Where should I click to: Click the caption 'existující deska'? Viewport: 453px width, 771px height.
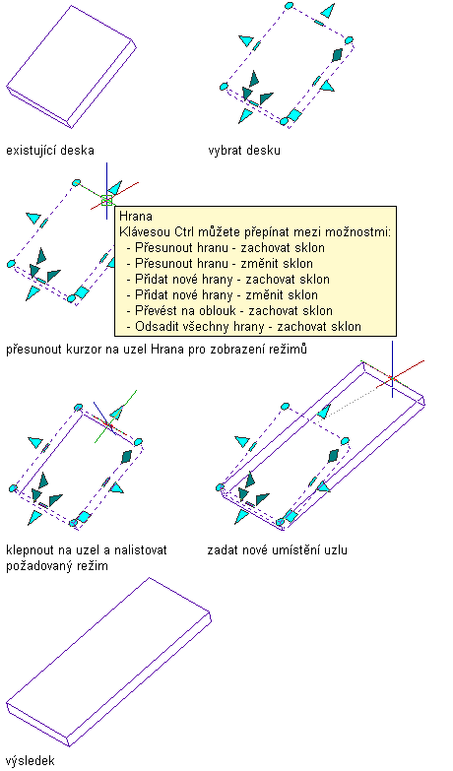pos(49,150)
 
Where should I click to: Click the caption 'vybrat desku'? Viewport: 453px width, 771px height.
pos(244,150)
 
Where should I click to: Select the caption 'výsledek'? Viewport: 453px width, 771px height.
pos(30,761)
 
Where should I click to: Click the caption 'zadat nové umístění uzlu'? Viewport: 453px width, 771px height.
pos(278,549)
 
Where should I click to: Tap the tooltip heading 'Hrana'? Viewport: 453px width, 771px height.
pos(136,216)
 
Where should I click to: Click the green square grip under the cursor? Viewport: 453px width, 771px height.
pos(106,200)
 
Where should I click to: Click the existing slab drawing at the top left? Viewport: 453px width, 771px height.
pos(71,66)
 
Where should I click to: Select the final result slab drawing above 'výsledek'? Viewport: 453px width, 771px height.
pos(108,662)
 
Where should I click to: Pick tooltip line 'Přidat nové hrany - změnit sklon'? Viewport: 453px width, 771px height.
pos(226,295)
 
